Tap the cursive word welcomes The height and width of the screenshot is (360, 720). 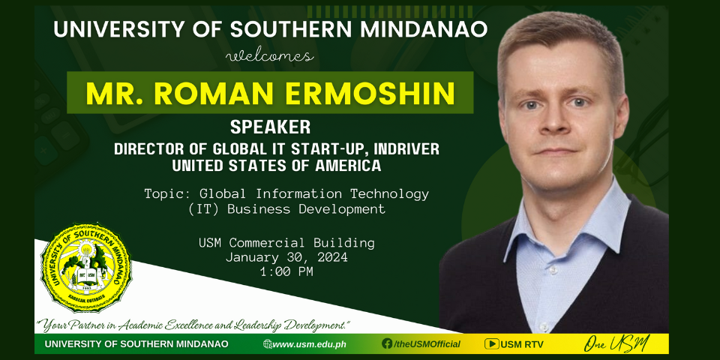[270, 57]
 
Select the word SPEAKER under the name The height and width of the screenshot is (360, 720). [270, 127]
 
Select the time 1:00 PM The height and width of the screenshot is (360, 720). [286, 271]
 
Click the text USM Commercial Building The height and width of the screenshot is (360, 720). [286, 242]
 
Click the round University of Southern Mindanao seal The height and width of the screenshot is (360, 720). [86, 268]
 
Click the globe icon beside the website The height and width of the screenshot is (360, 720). [267, 344]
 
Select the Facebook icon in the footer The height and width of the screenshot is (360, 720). [387, 344]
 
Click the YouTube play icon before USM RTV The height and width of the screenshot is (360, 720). [492, 344]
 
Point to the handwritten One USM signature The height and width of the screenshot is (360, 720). [616, 343]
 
